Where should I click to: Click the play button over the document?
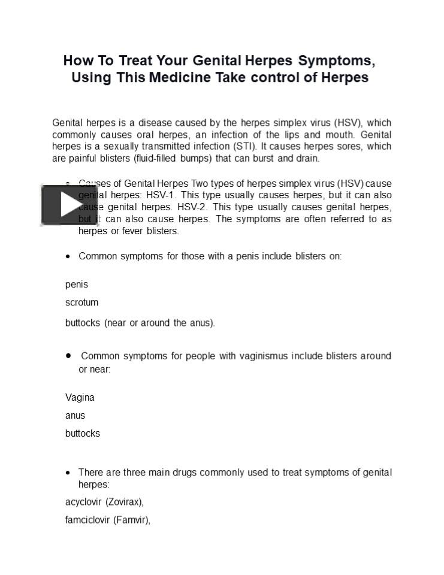point(69,205)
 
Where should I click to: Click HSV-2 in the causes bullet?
point(192,207)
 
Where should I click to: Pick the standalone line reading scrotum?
point(81,302)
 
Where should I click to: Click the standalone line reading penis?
point(77,285)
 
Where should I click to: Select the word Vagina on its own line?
point(80,398)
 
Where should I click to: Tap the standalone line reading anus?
point(75,416)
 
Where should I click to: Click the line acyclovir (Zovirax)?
point(104,503)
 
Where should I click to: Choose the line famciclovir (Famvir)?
point(107,520)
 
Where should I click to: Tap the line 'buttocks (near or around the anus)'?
point(140,323)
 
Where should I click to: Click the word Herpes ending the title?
point(345,78)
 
